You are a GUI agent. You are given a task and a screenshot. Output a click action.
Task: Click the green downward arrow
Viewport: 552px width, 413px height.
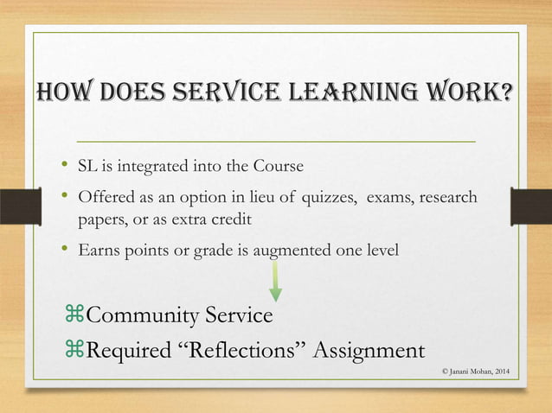point(276,281)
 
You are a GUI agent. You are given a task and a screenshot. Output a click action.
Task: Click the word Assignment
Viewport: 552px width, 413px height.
point(368,352)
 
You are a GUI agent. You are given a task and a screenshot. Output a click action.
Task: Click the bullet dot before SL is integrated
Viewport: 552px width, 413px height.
point(65,164)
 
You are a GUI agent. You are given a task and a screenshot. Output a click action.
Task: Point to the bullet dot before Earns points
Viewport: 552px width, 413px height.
point(65,250)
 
